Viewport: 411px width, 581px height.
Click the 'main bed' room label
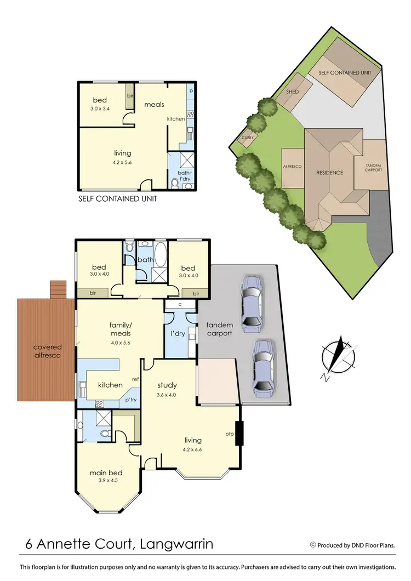(x=106, y=473)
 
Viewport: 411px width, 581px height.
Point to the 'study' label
(x=167, y=384)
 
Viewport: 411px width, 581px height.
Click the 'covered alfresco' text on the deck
(x=47, y=351)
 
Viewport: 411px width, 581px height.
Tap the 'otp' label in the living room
(x=230, y=434)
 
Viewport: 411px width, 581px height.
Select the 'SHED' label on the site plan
(x=293, y=92)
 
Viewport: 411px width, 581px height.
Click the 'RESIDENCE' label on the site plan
(x=329, y=173)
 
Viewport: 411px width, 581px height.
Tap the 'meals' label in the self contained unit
(x=154, y=104)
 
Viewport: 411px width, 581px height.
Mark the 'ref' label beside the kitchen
(x=134, y=379)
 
